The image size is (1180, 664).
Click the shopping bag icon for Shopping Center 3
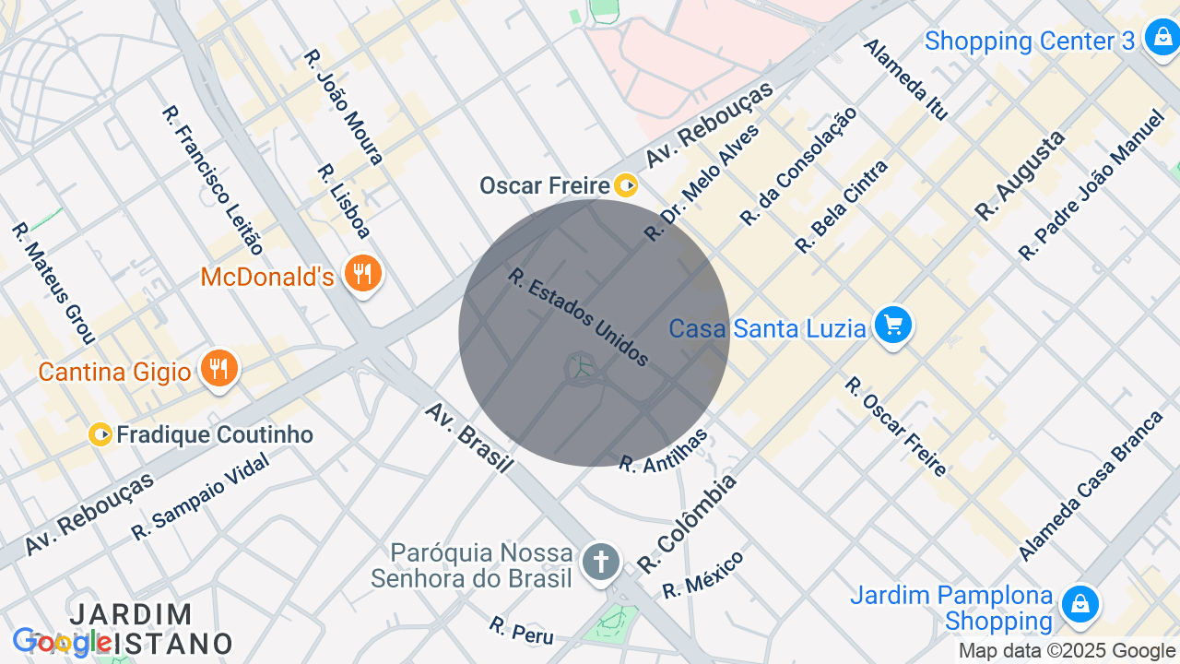click(1160, 39)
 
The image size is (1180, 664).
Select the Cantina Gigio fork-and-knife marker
click(218, 370)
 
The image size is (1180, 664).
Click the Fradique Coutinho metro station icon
click(100, 434)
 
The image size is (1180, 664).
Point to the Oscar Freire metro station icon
click(626, 185)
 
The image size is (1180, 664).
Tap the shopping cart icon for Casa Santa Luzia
click(892, 326)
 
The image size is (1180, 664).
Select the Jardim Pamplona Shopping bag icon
click(1080, 604)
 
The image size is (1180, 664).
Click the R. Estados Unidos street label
click(579, 317)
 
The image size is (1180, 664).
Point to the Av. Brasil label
click(468, 437)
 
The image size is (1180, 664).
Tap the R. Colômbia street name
click(688, 522)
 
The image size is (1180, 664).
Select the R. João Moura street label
click(343, 107)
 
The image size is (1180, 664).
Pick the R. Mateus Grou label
click(53, 282)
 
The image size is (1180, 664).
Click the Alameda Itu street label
click(905, 79)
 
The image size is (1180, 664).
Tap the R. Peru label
click(522, 631)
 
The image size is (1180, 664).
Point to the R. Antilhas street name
click(664, 451)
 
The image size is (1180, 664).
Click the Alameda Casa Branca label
click(1091, 486)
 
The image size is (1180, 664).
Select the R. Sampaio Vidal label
click(200, 497)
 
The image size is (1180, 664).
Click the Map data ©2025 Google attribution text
click(1067, 651)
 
